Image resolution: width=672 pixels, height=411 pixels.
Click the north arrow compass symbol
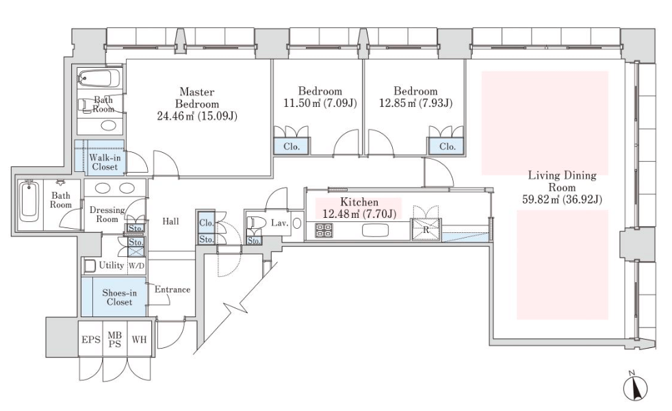[x=634, y=387]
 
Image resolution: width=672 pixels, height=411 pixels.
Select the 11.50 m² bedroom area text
[x=320, y=103]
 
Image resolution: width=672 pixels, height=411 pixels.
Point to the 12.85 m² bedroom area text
[x=415, y=103]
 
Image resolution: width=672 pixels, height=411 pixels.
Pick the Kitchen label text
[x=359, y=202]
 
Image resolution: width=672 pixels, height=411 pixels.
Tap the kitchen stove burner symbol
[x=323, y=230]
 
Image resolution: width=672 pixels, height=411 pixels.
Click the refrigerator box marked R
[x=426, y=230]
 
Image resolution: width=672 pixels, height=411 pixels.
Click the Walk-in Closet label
[x=103, y=162]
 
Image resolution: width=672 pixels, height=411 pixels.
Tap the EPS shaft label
[x=91, y=339]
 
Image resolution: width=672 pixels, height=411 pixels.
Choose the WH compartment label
[x=139, y=339]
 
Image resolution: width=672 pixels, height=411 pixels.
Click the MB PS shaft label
[x=115, y=339]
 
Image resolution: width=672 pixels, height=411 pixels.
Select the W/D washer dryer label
[x=137, y=266]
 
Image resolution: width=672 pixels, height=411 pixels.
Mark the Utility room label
[x=111, y=266]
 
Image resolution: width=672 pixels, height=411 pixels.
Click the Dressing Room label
[x=107, y=214]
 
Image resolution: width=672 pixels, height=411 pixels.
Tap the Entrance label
[x=172, y=290]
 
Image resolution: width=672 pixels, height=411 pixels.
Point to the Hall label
[x=171, y=221]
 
